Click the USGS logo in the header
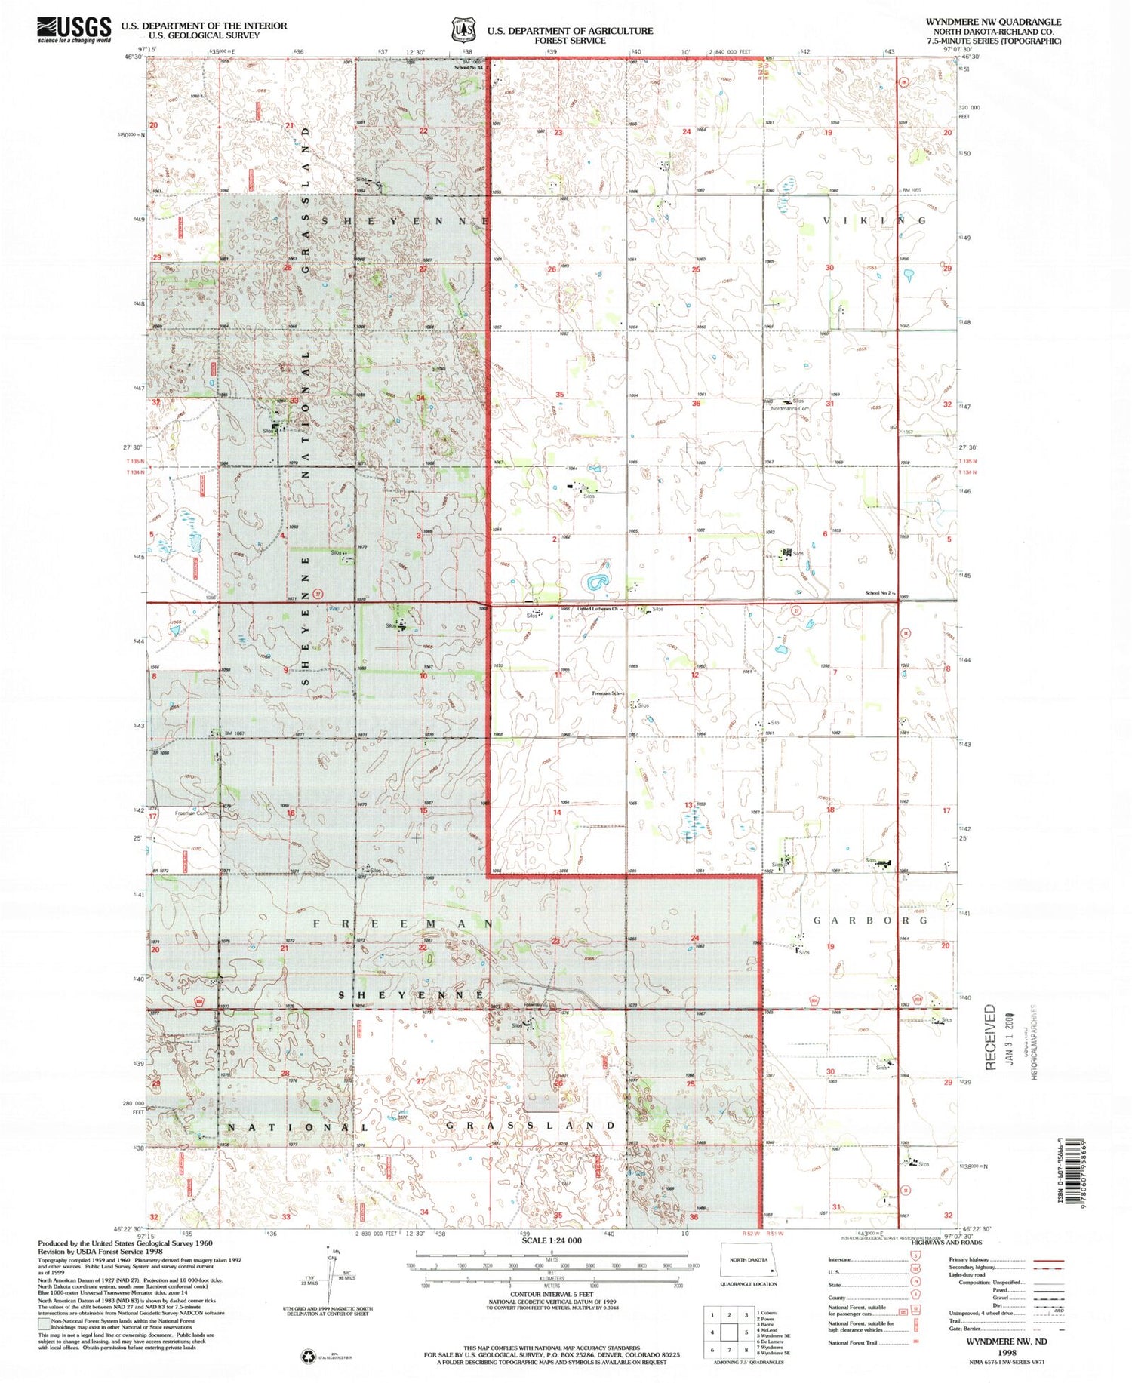pyautogui.click(x=74, y=29)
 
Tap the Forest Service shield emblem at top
pyautogui.click(x=463, y=29)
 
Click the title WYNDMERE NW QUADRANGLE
pyautogui.click(x=993, y=22)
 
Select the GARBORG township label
pyautogui.click(x=869, y=920)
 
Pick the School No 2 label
pyautogui.click(x=878, y=593)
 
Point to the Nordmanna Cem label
pyautogui.click(x=789, y=408)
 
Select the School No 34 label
pyautogui.click(x=468, y=68)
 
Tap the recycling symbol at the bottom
pyautogui.click(x=308, y=1357)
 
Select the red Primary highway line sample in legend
pyautogui.click(x=1047, y=1260)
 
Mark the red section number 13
pyautogui.click(x=688, y=805)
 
